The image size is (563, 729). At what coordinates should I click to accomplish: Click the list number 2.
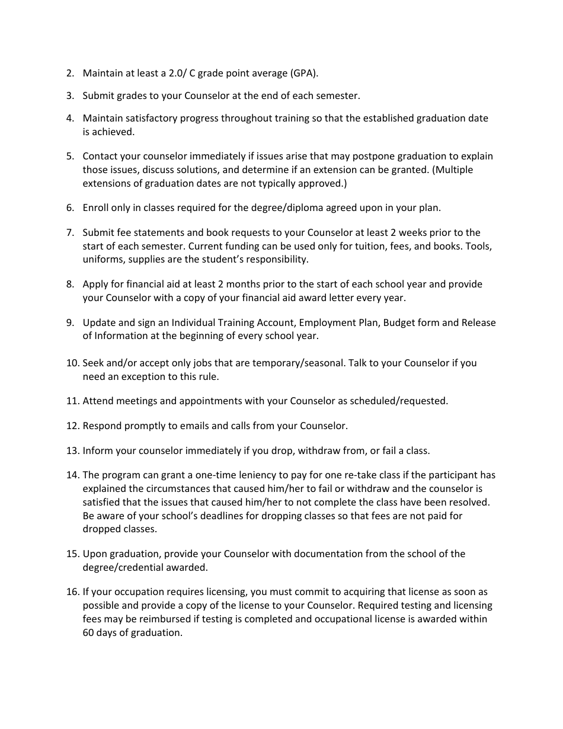(x=70, y=73)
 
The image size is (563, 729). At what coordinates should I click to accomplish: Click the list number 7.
(x=70, y=232)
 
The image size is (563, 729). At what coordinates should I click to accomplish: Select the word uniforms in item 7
(x=102, y=260)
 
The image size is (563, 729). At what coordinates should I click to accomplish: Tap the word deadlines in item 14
(x=216, y=516)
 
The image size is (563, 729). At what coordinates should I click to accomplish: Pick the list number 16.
(x=72, y=591)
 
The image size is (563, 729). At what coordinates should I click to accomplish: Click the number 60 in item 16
(x=89, y=632)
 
